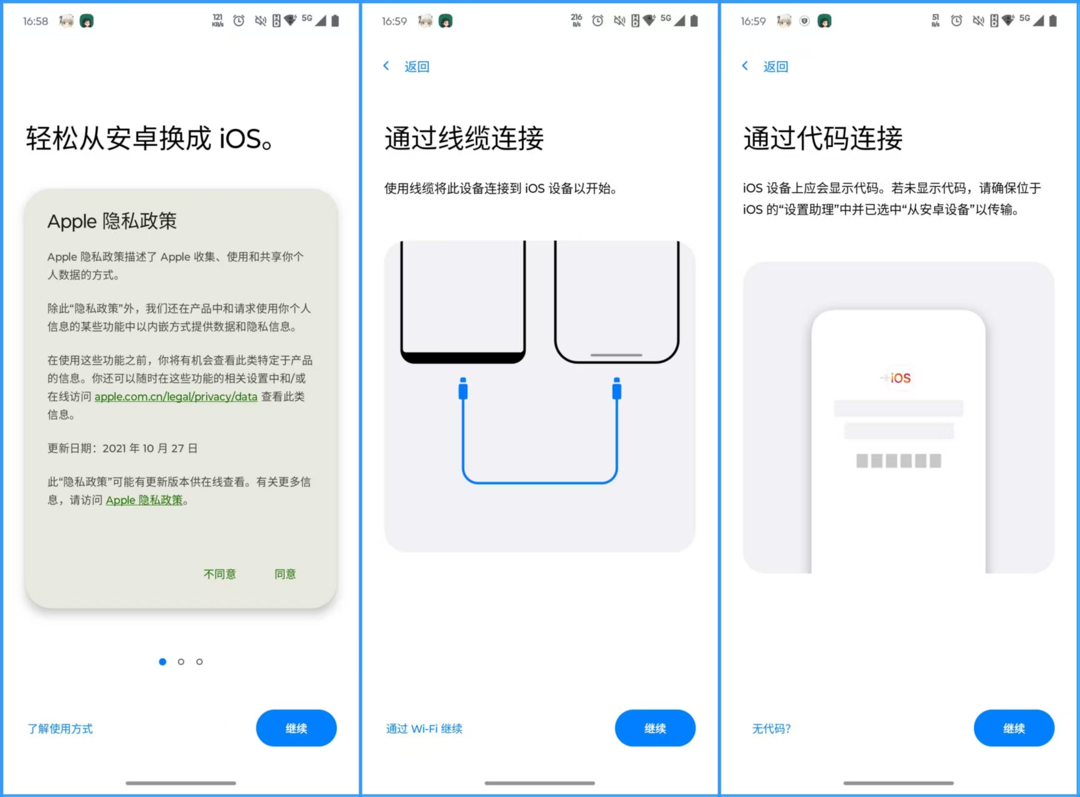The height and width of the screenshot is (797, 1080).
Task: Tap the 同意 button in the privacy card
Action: [x=285, y=574]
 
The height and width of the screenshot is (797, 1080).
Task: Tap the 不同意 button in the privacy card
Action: [x=220, y=574]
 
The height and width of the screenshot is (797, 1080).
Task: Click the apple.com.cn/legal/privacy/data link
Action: [x=176, y=396]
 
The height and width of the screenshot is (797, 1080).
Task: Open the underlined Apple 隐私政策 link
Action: [x=144, y=500]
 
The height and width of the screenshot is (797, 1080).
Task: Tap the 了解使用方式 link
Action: [x=60, y=728]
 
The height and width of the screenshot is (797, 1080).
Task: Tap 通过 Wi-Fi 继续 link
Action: [x=424, y=728]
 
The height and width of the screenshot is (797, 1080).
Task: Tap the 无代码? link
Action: [x=771, y=728]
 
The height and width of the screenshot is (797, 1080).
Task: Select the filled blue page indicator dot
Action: [x=163, y=662]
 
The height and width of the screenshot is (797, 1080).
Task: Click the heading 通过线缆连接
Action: [x=464, y=138]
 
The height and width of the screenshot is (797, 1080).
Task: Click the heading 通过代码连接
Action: [x=823, y=138]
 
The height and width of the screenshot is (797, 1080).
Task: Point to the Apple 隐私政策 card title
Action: [x=112, y=221]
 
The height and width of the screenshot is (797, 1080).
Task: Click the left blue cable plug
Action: [x=463, y=389]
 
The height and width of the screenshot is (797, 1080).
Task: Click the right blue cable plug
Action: [x=617, y=389]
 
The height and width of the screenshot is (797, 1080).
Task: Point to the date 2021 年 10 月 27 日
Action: [x=149, y=448]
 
